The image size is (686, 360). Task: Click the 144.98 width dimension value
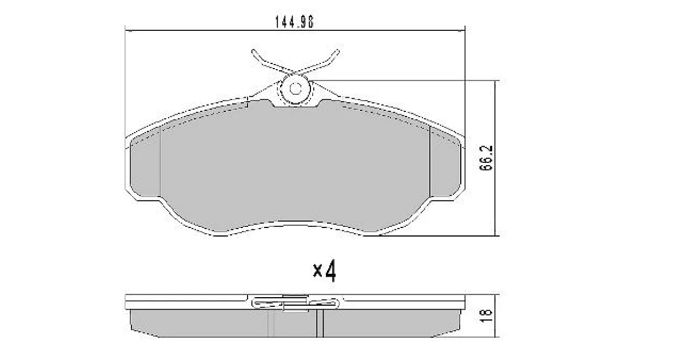click(x=294, y=22)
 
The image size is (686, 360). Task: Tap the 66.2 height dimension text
click(x=486, y=158)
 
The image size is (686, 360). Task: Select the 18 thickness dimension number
click(x=486, y=315)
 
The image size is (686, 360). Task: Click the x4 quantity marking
click(x=324, y=271)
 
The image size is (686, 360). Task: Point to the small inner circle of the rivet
click(x=296, y=89)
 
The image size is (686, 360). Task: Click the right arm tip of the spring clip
click(x=337, y=51)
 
